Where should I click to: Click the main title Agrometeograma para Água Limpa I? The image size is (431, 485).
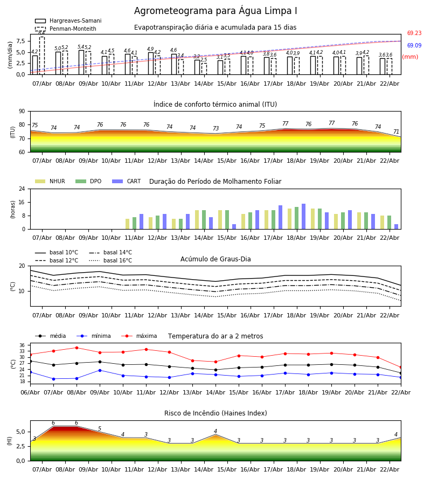[x=215, y=11]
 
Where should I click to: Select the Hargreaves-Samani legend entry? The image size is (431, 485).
[x=68, y=20]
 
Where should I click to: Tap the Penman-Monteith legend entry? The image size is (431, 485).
[x=66, y=29]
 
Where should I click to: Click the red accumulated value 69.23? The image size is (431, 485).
[x=414, y=33]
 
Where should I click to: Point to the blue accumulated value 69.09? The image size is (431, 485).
[x=414, y=45]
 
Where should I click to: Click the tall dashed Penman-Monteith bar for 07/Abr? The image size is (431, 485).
[x=41, y=56]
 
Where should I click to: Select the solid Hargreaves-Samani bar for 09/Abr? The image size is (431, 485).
[x=81, y=63]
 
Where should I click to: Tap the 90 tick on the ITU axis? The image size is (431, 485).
[x=22, y=112]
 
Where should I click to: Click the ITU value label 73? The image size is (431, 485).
[x=216, y=128]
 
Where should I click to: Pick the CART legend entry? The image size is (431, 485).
[x=127, y=181]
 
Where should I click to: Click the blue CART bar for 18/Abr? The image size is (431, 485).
[x=303, y=217]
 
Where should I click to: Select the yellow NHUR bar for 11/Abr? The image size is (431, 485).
[x=127, y=224]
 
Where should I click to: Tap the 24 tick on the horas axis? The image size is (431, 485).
[x=22, y=189]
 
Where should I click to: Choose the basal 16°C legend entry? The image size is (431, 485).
[x=110, y=260]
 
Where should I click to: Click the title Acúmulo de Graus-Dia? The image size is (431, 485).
[x=215, y=259]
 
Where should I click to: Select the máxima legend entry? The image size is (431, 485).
[x=139, y=336]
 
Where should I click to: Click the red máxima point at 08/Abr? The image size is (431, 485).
[x=77, y=348]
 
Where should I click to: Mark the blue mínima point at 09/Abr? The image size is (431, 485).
[x=100, y=370]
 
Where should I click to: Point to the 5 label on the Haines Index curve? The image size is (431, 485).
[x=100, y=429]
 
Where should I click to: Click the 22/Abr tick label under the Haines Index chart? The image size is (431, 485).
[x=390, y=469]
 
